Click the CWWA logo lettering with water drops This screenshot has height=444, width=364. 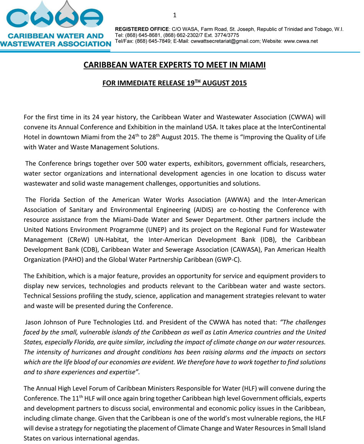(56, 17)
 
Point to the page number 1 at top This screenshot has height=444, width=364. (175, 15)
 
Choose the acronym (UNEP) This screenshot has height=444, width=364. (147, 229)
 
